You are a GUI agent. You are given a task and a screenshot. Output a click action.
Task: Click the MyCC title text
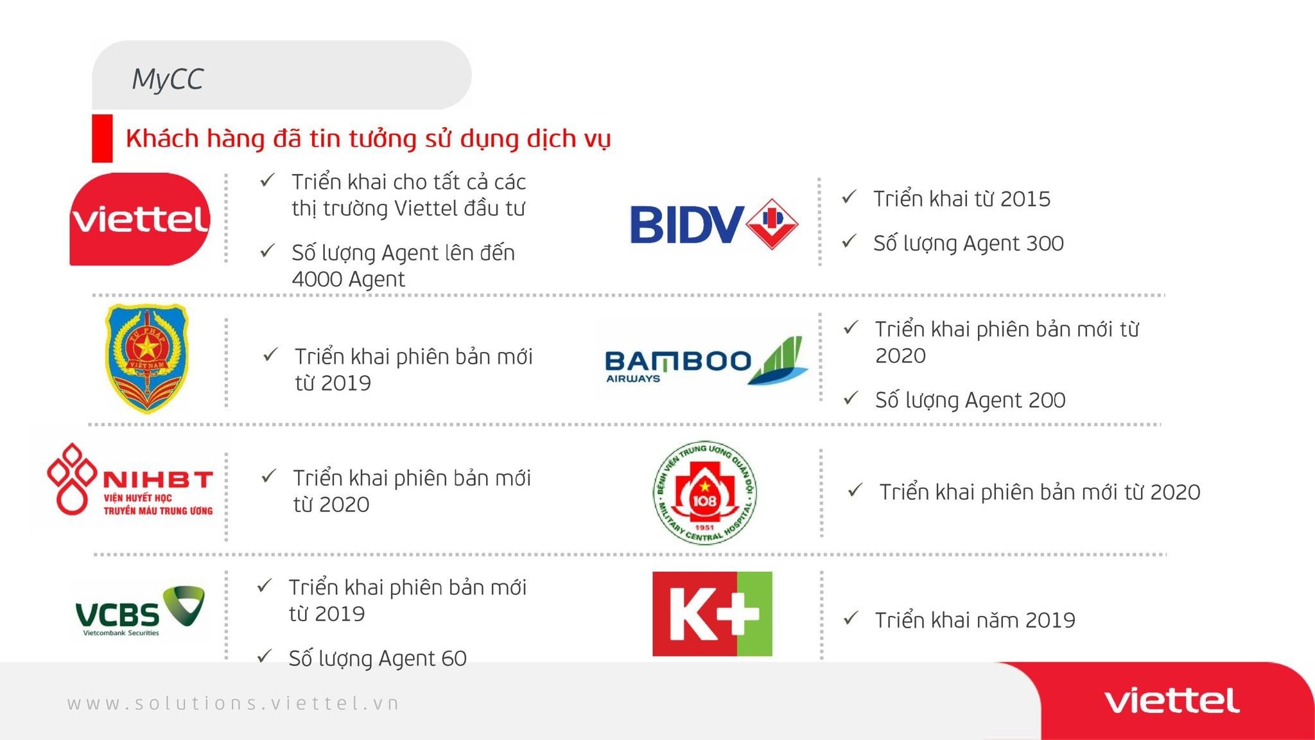click(168, 80)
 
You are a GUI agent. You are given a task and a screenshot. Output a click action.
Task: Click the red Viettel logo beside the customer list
click(139, 219)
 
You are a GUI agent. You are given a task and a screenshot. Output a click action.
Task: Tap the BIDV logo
click(714, 224)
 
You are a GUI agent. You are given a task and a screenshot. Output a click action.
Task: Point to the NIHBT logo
click(130, 479)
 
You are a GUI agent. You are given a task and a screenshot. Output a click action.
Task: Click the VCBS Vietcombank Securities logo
click(140, 611)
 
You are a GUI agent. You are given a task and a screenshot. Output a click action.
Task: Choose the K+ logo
click(712, 613)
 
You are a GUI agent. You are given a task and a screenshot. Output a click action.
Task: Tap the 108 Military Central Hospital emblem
click(704, 493)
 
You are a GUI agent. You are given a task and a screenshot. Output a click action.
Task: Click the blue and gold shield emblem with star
click(147, 358)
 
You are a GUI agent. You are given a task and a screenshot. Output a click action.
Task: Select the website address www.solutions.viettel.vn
click(233, 703)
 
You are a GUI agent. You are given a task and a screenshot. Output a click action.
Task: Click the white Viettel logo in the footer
click(1172, 701)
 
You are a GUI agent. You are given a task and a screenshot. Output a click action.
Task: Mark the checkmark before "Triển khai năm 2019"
click(851, 618)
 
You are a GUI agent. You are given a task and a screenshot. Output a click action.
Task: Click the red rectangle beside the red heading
click(102, 138)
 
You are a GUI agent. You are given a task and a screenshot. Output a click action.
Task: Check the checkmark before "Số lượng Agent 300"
click(849, 241)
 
